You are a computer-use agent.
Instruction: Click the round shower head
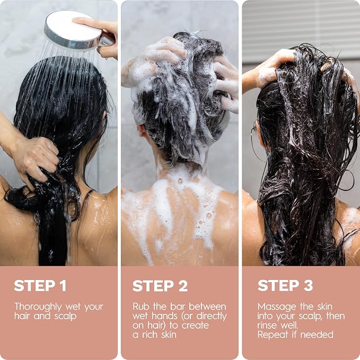[73, 30]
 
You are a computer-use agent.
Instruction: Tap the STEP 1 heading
[40, 286]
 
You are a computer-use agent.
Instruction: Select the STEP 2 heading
[160, 286]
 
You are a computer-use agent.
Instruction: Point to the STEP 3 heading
[285, 286]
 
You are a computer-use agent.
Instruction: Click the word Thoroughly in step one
[38, 307]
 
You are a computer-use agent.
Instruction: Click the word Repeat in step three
[273, 335]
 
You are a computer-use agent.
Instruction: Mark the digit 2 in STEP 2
[183, 286]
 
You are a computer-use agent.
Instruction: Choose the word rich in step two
[150, 335]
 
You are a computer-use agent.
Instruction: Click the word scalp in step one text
[65, 317]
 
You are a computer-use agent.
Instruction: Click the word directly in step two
[212, 316]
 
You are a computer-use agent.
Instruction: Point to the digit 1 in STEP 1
[63, 286]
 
